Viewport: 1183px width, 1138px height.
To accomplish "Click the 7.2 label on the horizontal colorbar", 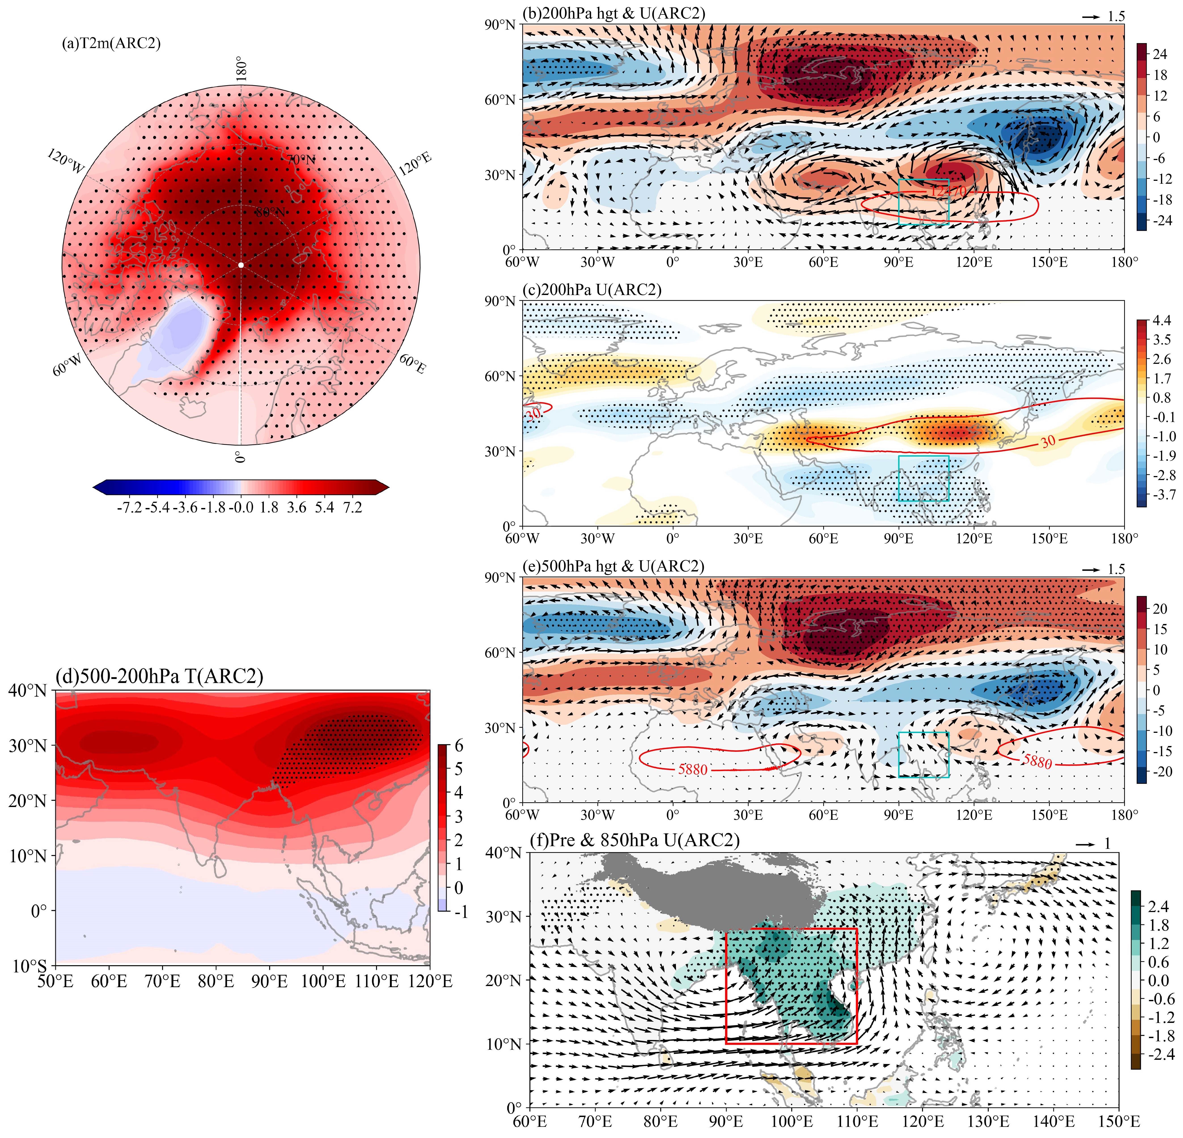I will pos(353,508).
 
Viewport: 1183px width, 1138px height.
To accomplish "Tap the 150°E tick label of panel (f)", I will pos(1118,1121).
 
